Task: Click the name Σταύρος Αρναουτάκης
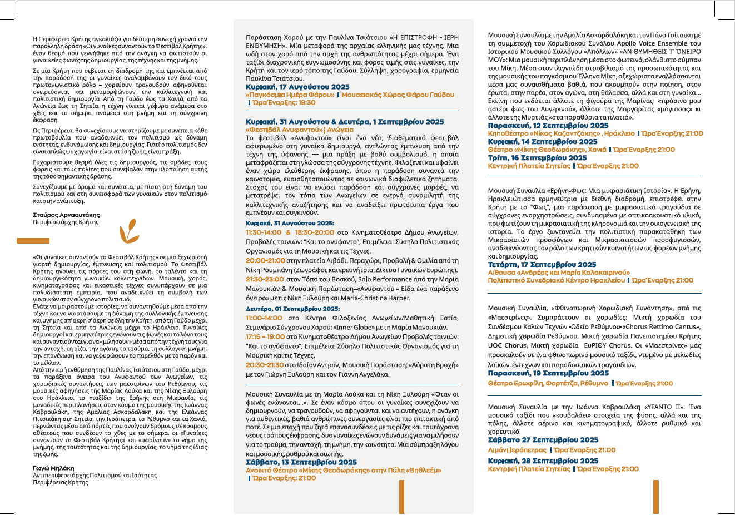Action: click(66, 215)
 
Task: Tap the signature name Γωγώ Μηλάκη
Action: click(53, 468)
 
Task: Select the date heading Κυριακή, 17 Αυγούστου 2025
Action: click(297, 87)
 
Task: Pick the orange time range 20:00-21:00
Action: click(265, 260)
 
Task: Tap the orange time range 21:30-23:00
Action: click(265, 279)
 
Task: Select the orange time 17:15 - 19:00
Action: click(265, 337)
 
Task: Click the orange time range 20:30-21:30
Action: click(265, 365)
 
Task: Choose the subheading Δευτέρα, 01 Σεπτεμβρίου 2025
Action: click(292, 309)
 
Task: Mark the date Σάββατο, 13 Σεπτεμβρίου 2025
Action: click(301, 462)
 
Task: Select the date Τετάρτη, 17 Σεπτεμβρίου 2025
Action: click(542, 265)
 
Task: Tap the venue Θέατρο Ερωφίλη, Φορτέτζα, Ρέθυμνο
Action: click(548, 383)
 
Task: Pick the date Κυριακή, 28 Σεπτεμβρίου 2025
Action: click(543, 461)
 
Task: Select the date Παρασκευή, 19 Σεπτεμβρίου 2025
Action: click(548, 373)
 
